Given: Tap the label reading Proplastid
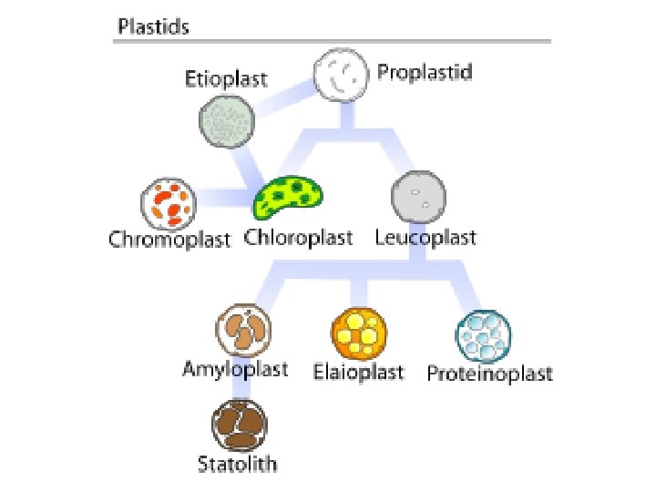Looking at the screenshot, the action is tap(425, 72).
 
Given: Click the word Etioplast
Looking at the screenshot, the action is tap(226, 78).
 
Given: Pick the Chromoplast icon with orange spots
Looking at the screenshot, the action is tap(167, 205).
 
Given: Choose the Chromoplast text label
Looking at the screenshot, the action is tap(169, 241).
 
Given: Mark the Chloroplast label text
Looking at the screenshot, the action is tap(298, 239).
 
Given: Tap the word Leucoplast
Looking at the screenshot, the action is tap(425, 239).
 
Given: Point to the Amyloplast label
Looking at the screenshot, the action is tap(235, 369).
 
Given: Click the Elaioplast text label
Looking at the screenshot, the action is tap(358, 372).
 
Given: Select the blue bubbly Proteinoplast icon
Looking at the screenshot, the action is tap(483, 336).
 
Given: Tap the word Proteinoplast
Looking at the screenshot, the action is tap(490, 374).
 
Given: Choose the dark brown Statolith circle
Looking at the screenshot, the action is tap(239, 425).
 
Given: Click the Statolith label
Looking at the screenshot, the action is tap(238, 465).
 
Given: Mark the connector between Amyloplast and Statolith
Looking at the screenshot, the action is tap(240, 389).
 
